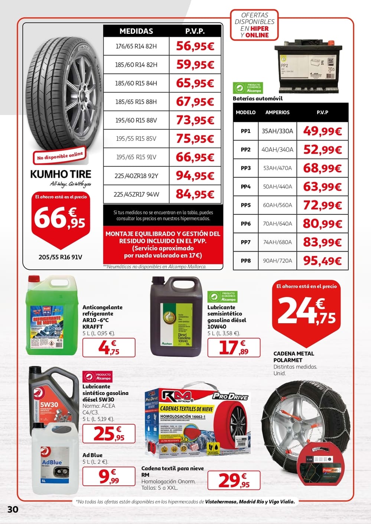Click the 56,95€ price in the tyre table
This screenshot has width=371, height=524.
pos(195,46)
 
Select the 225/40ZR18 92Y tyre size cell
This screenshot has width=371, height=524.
pos(136,176)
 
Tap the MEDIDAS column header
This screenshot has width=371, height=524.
pos(136,31)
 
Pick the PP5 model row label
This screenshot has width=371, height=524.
pos(245,205)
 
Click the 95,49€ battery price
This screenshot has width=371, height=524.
pos(322,261)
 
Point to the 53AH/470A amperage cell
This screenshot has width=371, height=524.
pos(277,168)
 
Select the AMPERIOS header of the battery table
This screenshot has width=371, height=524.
pos(277,112)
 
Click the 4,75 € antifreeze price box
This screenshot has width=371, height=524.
pos(109,348)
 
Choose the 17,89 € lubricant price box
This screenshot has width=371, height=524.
pos(234,348)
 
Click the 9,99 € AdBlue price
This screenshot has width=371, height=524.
pos(109,476)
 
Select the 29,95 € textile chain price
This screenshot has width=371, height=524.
pos(234,480)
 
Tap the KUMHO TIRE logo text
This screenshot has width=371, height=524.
pos(61,174)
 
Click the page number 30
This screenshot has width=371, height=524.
pos(13,509)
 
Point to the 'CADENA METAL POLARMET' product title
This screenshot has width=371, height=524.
pos(294,357)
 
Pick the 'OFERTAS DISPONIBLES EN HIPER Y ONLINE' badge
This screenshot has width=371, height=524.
pos(254,25)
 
